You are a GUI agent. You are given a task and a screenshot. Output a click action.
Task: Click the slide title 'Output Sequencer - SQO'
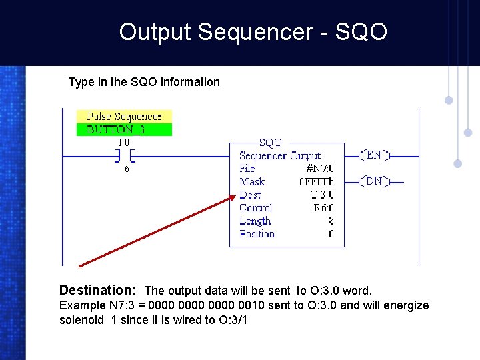click(x=253, y=32)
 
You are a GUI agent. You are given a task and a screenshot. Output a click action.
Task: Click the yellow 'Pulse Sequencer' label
click(x=124, y=117)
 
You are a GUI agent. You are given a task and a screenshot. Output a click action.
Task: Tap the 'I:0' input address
click(x=124, y=142)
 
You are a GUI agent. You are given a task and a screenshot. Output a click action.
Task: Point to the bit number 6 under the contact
click(x=127, y=169)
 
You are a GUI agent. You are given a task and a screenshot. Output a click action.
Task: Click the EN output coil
click(x=374, y=155)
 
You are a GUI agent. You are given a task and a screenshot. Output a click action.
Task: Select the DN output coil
click(x=374, y=181)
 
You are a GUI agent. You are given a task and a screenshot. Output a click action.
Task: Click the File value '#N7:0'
click(x=319, y=169)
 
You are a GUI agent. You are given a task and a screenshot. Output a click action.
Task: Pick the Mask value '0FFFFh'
click(x=316, y=182)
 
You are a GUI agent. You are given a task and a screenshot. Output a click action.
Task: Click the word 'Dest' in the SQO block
click(x=250, y=195)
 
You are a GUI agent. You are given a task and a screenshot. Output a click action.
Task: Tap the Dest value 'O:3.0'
click(x=322, y=195)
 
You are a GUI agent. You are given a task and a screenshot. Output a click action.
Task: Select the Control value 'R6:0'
click(x=323, y=208)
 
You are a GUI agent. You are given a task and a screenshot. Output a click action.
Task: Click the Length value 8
click(x=331, y=221)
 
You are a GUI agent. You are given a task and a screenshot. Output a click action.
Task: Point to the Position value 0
click(x=331, y=234)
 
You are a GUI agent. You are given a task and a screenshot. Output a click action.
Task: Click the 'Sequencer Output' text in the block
click(x=280, y=156)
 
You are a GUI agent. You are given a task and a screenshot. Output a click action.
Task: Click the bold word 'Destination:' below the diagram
click(x=97, y=290)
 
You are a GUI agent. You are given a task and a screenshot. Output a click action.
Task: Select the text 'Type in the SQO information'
click(x=144, y=82)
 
